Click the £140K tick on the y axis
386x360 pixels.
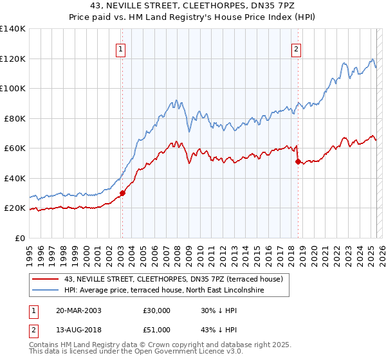(13, 29)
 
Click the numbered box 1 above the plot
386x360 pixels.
(121, 48)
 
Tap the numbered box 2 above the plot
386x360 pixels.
(296, 48)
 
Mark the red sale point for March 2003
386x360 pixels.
(122, 193)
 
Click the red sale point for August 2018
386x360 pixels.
(297, 162)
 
